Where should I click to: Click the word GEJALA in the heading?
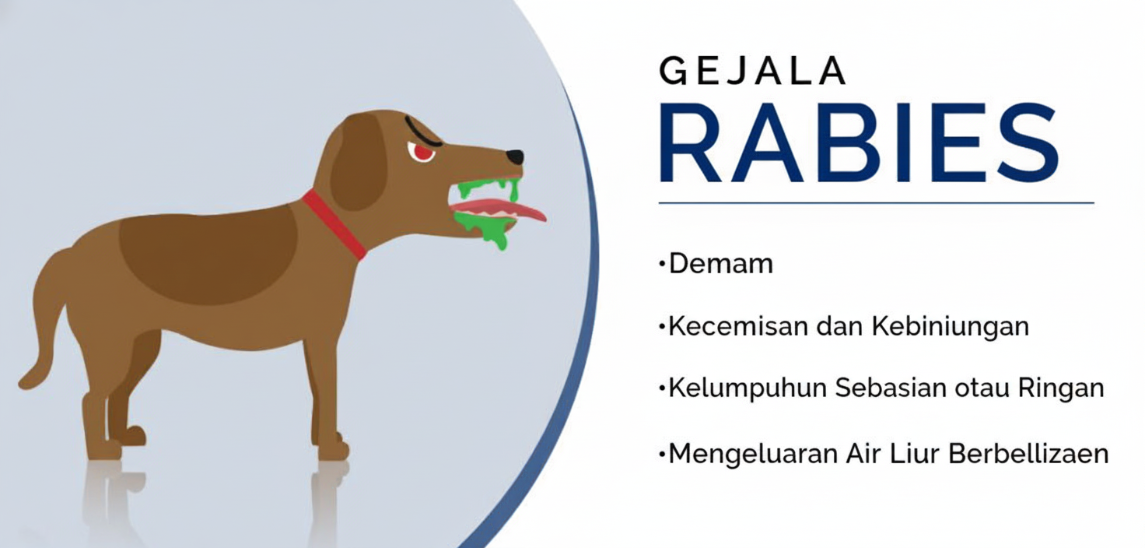tap(752, 71)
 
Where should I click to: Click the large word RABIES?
tap(860, 142)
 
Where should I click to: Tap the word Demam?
tap(721, 264)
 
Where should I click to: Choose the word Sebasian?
tap(891, 388)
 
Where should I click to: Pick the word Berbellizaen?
tap(1028, 453)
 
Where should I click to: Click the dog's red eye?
tap(422, 152)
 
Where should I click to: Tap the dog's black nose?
tap(515, 156)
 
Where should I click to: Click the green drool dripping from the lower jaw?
tap(483, 229)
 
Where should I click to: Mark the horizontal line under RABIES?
tap(876, 203)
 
